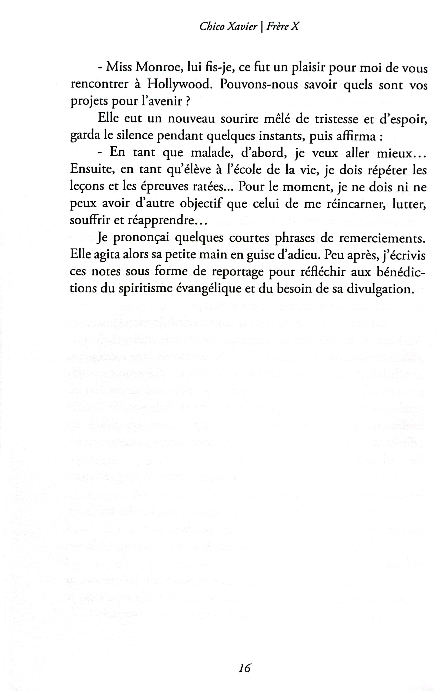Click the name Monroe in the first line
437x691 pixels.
(158, 68)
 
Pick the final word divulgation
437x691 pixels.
(381, 289)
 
